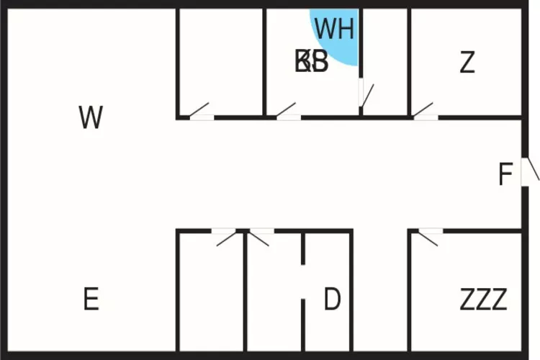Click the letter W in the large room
(x=91, y=117)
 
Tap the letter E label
(x=91, y=299)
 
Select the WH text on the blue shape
(x=335, y=30)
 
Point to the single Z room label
(x=467, y=63)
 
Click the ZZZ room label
(x=483, y=299)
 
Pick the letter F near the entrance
(x=505, y=175)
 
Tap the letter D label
(x=332, y=299)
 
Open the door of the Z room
(x=425, y=113)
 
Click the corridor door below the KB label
(x=288, y=112)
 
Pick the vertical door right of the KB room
(x=364, y=93)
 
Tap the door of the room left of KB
(x=201, y=113)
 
